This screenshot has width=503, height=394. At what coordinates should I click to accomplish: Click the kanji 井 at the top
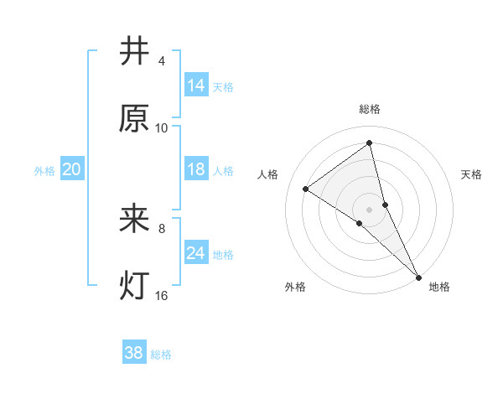point(135,52)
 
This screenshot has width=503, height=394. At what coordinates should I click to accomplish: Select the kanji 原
point(135,118)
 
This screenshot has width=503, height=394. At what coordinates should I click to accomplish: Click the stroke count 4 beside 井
point(162,61)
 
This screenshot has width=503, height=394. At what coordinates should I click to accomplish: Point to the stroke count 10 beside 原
point(162,127)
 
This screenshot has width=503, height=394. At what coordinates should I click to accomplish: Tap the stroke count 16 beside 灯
point(162,295)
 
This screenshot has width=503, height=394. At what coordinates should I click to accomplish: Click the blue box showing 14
point(196,85)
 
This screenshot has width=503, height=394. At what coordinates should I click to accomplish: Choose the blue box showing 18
point(196,169)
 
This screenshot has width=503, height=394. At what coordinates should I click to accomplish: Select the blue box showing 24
point(196,252)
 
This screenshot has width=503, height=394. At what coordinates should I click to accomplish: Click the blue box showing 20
point(72,169)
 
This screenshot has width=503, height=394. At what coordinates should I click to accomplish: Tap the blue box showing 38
point(134,353)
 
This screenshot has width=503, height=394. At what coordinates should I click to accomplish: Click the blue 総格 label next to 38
point(161,355)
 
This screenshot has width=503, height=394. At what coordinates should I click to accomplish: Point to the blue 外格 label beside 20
point(44,171)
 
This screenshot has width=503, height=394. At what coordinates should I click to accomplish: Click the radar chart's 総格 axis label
point(370,109)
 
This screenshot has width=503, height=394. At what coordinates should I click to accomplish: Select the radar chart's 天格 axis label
point(472,174)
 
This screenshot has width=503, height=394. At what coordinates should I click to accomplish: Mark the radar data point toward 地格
point(418,276)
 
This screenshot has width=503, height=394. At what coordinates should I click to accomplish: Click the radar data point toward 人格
point(306,189)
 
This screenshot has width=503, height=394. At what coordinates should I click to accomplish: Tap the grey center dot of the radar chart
point(370,209)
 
